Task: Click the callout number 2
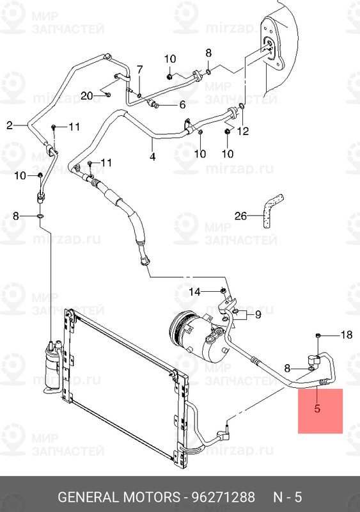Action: point(10,125)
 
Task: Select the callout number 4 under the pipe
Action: point(152,157)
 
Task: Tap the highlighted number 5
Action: point(317,408)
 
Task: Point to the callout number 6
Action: point(182,105)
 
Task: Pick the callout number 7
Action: point(139,69)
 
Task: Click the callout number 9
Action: point(258,314)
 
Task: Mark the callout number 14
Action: point(194,292)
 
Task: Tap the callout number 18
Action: point(345,335)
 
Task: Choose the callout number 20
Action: point(88,95)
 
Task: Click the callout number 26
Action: point(240,216)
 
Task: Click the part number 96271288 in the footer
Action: point(220,497)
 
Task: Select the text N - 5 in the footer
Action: point(288,497)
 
